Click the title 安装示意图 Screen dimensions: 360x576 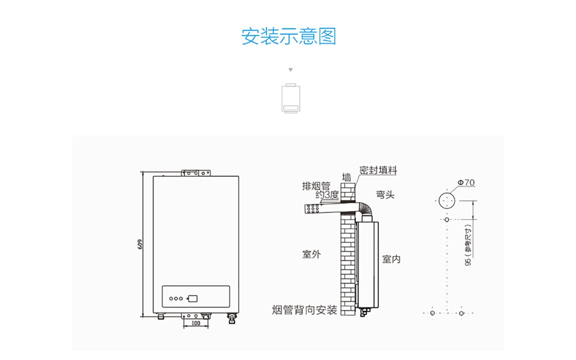[288, 36]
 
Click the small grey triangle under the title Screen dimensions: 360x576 [290, 70]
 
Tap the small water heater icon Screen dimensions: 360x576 [290, 99]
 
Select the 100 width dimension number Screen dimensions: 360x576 [196, 323]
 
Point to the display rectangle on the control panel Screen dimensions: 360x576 [193, 298]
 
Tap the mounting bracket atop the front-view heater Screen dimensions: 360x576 [196, 172]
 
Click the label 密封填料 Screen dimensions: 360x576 [378, 170]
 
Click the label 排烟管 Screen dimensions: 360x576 [316, 186]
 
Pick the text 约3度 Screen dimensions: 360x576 [327, 195]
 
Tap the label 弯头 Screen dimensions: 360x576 [385, 195]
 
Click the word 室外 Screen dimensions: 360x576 [311, 254]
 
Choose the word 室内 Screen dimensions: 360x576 [391, 259]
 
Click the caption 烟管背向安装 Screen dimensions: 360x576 [304, 310]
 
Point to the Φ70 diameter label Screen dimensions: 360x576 [466, 182]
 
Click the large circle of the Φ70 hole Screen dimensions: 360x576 [447, 199]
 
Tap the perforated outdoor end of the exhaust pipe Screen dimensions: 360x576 [313, 209]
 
